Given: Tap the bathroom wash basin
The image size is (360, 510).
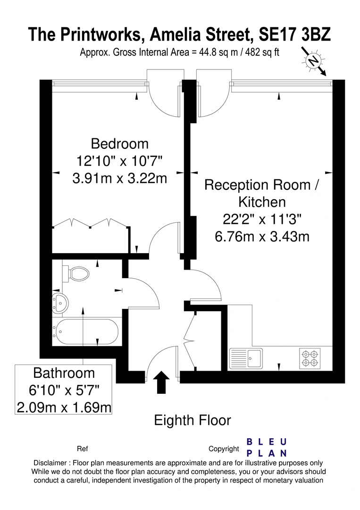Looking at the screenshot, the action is [x=60, y=303].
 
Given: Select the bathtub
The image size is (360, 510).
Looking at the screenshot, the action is [x=86, y=332].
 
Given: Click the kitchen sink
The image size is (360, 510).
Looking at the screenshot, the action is [x=246, y=358].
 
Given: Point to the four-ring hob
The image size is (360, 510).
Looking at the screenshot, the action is [x=310, y=358].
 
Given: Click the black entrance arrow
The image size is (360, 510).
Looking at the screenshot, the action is [x=161, y=382].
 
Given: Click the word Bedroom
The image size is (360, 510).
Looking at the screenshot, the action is [x=119, y=144].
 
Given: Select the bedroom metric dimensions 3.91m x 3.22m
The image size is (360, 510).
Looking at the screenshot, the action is [x=119, y=178].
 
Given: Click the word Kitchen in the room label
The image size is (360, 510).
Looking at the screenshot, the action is [x=262, y=202].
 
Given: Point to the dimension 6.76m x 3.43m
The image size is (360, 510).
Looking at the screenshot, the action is [x=262, y=237].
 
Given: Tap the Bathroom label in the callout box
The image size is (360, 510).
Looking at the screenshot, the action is [x=64, y=373].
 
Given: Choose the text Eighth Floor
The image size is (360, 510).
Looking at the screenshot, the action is [x=193, y=420].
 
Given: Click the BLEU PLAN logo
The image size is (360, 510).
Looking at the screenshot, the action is [x=267, y=448].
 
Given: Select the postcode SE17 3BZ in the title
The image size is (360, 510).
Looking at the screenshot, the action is [x=295, y=34].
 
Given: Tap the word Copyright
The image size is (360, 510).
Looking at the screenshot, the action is [x=224, y=449].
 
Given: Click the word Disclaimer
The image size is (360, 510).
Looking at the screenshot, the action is [x=50, y=463].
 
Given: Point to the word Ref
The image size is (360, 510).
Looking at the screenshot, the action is [x=82, y=449].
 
